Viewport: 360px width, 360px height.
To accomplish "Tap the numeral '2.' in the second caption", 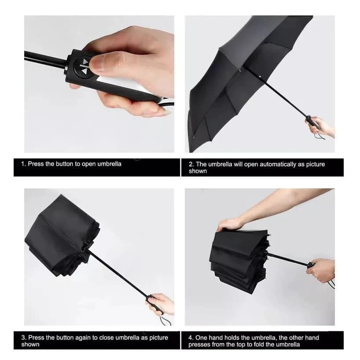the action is [191, 165].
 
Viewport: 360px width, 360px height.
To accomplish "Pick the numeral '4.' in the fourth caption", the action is [191, 338].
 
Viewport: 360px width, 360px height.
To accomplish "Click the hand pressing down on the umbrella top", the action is [230, 224].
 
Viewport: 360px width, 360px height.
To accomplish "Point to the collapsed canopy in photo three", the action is [62, 236].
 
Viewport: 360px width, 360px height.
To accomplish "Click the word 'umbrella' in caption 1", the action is [109, 164].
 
